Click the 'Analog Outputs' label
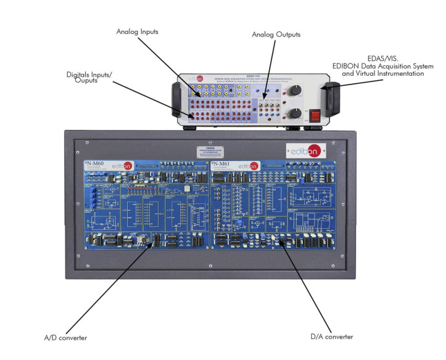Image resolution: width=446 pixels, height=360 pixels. point(276,35)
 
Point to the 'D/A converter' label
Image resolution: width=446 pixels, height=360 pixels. point(332,337)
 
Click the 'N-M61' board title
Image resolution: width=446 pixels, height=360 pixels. point(223,165)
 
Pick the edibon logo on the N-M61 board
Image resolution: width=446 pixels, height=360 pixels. point(249,166)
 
